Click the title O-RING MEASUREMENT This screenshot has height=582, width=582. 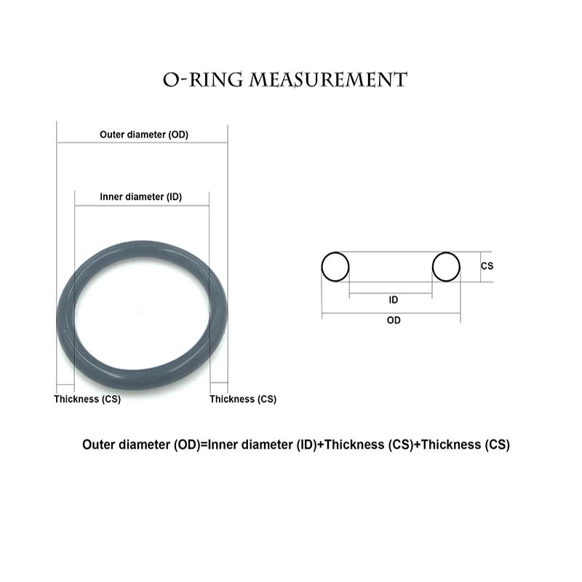[284, 79]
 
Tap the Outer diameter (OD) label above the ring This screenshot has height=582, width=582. [143, 135]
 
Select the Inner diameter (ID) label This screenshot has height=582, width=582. [140, 196]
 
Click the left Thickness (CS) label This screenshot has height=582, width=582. [87, 399]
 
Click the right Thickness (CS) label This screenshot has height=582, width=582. [243, 399]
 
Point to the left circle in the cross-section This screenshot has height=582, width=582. [335, 267]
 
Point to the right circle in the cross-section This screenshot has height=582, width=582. [446, 267]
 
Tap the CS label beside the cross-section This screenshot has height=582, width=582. [487, 266]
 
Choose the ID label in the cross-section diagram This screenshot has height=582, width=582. [393, 300]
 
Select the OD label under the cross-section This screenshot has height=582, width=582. [393, 320]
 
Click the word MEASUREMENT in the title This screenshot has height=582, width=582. [328, 79]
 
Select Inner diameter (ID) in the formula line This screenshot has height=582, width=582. [262, 445]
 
